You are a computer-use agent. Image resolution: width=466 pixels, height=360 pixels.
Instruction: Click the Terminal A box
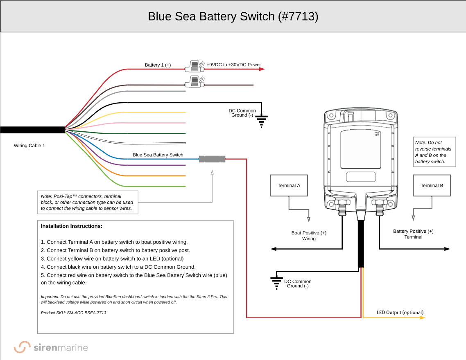click(289, 185)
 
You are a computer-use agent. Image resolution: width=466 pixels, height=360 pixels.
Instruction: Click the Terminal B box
click(432, 185)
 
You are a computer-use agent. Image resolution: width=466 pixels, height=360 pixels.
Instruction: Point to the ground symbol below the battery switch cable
click(276, 282)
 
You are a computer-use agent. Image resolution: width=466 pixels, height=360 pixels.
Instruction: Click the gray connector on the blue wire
click(212, 159)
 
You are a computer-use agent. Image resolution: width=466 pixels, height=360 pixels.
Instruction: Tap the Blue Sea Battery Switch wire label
click(158, 155)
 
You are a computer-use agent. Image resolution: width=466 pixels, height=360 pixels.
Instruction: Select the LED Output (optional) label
click(400, 313)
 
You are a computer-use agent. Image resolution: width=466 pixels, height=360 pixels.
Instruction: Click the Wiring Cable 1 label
click(29, 146)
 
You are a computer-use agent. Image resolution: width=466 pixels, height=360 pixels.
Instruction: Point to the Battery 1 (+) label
click(158, 65)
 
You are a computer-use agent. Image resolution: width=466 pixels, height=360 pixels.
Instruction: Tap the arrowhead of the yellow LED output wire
click(423, 317)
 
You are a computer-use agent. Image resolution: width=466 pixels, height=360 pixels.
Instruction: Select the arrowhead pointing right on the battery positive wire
click(447, 249)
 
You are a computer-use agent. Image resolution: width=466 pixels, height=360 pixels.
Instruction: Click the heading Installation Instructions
click(72, 226)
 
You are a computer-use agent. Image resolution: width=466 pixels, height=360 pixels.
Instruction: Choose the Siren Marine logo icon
click(22, 347)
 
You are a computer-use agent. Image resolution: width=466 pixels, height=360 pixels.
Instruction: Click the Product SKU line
click(73, 313)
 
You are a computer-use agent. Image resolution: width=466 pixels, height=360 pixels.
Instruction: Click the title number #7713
click(298, 16)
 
